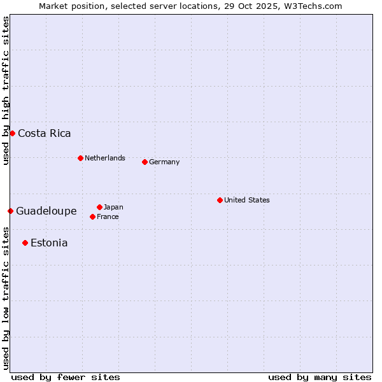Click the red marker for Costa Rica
[12, 133]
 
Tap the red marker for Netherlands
[80, 158]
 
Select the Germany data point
[145, 162]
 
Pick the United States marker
[220, 200]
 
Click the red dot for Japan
[99, 207]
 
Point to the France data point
[93, 216]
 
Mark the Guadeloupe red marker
[10, 211]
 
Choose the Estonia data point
[25, 243]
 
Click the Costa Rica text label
[45, 133]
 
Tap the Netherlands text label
[105, 158]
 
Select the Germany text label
[164, 162]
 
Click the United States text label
[247, 200]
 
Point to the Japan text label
[113, 207]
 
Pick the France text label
[108, 216]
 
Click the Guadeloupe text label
[46, 211]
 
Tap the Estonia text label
[49, 243]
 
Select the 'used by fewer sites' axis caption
[66, 377]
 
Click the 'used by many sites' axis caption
[320, 377]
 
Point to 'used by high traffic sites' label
[6, 90]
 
